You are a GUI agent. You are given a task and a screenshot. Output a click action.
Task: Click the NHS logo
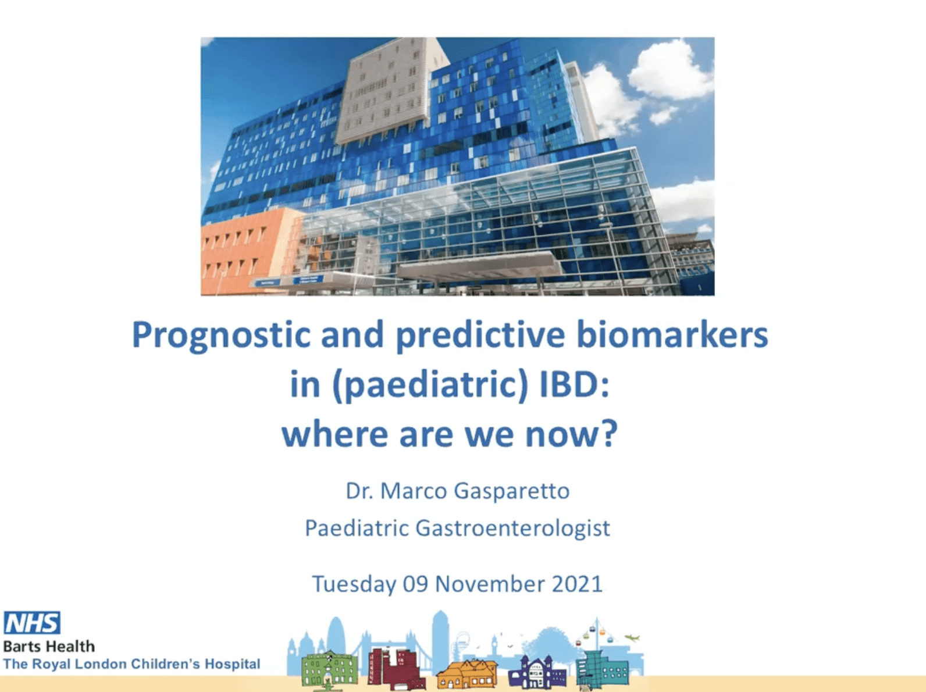click(x=32, y=623)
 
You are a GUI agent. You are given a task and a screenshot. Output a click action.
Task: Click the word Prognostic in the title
click(x=220, y=336)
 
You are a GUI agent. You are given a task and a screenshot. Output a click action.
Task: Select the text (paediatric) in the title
click(x=430, y=385)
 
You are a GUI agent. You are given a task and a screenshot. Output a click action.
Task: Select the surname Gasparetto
click(x=511, y=491)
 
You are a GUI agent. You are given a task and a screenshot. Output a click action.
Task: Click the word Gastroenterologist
click(x=512, y=528)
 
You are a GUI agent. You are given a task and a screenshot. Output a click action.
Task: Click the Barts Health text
click(x=49, y=646)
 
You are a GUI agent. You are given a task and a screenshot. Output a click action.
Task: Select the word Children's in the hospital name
click(x=166, y=664)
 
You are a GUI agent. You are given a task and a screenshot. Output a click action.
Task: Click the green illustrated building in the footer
click(x=329, y=670)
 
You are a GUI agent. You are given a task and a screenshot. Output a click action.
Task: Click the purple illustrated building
click(x=536, y=673)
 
